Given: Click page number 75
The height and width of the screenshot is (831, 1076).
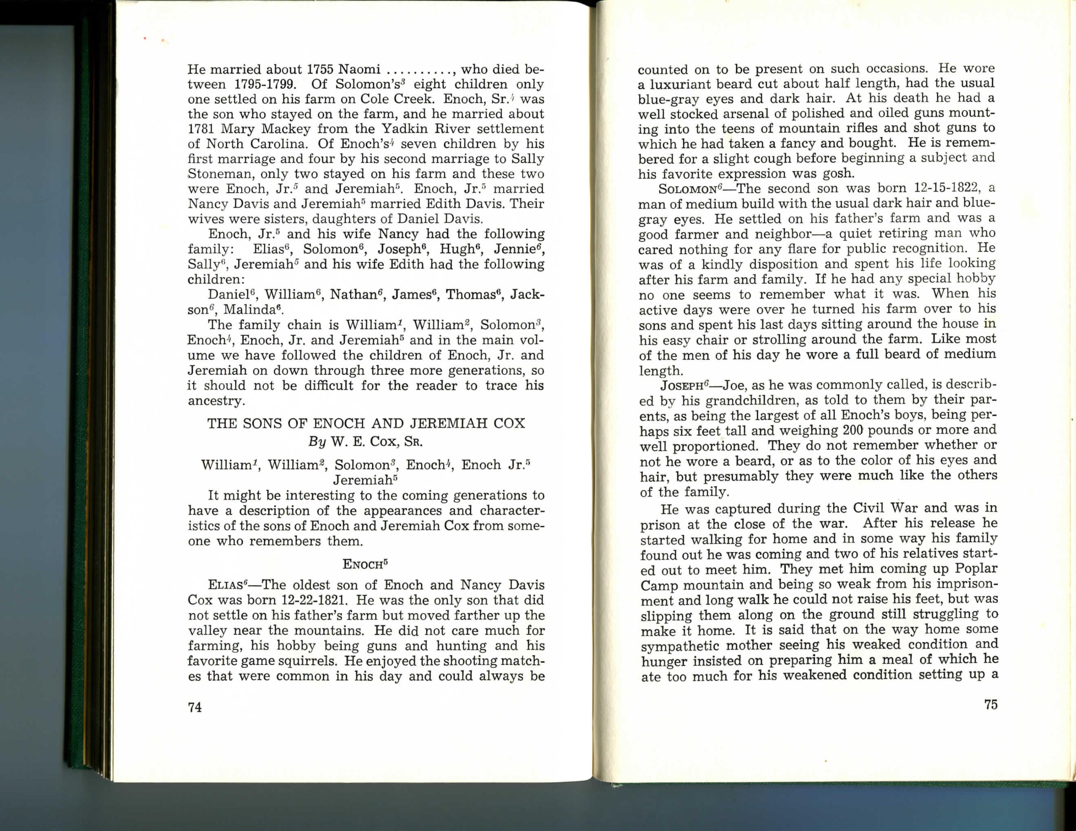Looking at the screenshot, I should pos(991,705).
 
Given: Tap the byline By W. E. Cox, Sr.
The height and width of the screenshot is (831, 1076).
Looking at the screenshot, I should pos(366,441).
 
